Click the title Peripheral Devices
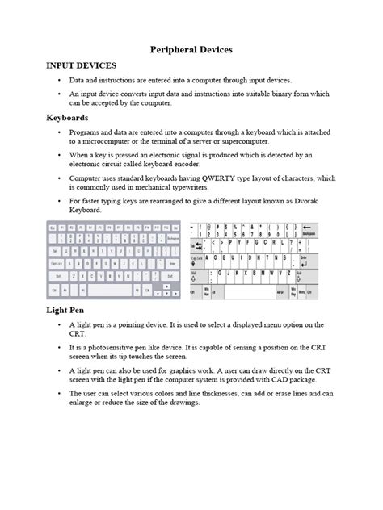[x=191, y=49]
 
